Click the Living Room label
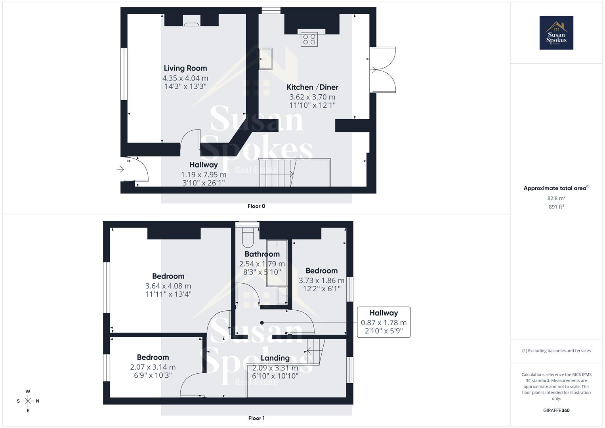[185, 68]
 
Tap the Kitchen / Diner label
[312, 87]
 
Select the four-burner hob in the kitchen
[309, 40]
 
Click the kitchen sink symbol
[265, 59]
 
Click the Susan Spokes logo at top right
[556, 32]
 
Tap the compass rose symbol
[28, 401]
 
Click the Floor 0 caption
[256, 206]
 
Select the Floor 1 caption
[256, 418]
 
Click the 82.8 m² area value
[556, 198]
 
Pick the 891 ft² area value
[556, 207]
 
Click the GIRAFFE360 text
[556, 411]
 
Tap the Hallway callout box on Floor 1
[384, 322]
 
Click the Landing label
[275, 358]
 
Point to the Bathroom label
[262, 254]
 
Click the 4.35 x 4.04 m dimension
[185, 78]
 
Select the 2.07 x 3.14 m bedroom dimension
[153, 367]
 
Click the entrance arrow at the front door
[120, 170]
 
